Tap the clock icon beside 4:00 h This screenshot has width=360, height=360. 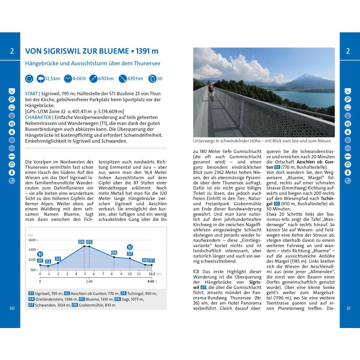[67, 78]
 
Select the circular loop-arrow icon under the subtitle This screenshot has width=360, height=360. [29, 78]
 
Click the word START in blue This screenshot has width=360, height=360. [31, 94]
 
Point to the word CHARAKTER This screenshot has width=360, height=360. [38, 117]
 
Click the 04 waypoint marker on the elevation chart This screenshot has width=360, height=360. [82, 242]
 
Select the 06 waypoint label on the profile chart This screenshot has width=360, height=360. [114, 252]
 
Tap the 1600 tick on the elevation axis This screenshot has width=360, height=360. [32, 240]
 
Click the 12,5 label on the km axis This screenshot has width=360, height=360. [152, 274]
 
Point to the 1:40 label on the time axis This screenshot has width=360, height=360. [89, 281]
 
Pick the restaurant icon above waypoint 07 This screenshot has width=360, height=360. [130, 247]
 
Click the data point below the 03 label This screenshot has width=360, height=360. [58, 263]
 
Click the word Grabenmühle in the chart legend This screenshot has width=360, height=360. [92, 305]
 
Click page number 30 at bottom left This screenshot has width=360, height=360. [12, 308]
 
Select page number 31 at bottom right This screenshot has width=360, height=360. [348, 308]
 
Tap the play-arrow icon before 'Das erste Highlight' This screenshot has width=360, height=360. [196, 271]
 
